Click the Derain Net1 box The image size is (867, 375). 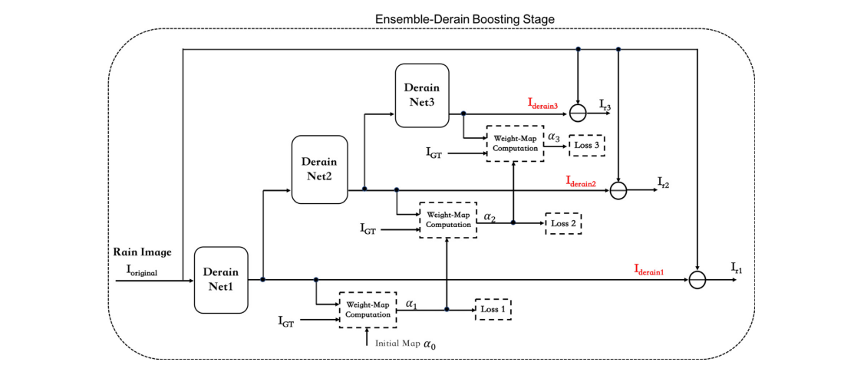point(222,280)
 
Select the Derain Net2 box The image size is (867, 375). point(319,169)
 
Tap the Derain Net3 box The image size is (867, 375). point(422,95)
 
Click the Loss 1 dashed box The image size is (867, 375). point(493,309)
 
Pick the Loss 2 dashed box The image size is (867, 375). point(563,223)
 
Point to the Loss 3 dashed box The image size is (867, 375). point(588,145)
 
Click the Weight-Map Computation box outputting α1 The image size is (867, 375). point(368,310)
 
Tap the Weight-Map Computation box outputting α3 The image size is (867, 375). point(514,143)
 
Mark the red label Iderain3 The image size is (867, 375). point(546,103)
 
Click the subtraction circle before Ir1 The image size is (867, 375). point(697,281)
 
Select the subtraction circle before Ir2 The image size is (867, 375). point(618,190)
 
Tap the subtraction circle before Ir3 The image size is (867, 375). point(579,113)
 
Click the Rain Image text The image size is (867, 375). point(143,252)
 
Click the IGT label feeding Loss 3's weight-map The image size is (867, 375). point(433,153)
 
